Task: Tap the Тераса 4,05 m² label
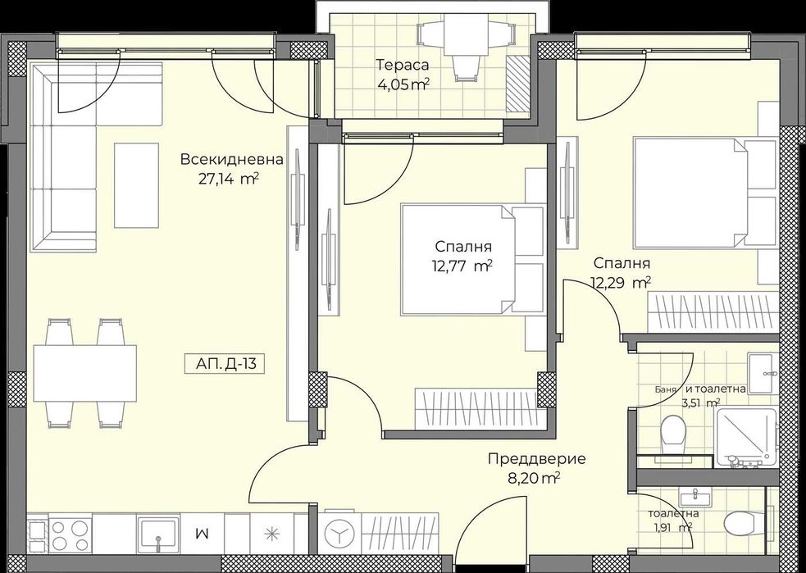403,75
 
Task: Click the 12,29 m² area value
620,283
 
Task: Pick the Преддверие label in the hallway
525,459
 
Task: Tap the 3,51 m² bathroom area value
701,402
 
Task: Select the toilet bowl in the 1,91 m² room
740,521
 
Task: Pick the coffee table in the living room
136,184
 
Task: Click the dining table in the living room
84,372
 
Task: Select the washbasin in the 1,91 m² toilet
694,497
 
